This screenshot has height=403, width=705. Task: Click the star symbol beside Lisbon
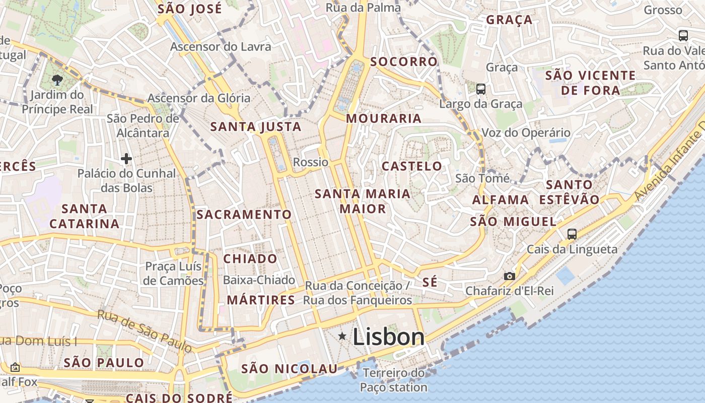(x=342, y=336)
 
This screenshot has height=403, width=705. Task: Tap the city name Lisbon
(x=388, y=337)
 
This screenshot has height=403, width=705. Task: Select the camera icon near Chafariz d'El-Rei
(x=510, y=276)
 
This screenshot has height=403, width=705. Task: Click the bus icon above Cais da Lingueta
(x=572, y=234)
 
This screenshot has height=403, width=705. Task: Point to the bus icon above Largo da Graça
(x=481, y=89)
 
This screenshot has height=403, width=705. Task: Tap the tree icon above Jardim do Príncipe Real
(x=57, y=79)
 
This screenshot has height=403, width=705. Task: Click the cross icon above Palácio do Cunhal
(x=126, y=159)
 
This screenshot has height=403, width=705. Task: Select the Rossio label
(x=310, y=162)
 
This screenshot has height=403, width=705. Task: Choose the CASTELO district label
(x=411, y=166)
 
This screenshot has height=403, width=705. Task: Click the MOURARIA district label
(x=384, y=119)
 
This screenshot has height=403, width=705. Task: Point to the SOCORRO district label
(x=404, y=62)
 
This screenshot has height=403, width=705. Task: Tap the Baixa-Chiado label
(x=259, y=280)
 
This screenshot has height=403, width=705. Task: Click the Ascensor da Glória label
(x=199, y=98)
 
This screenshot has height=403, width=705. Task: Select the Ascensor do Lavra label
(x=221, y=47)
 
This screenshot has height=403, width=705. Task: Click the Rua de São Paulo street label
(x=145, y=331)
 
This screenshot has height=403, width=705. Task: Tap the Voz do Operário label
(x=526, y=133)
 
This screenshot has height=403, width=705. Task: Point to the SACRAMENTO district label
(x=244, y=215)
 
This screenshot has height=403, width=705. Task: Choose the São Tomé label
(x=482, y=178)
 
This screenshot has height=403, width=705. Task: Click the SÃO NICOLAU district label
(x=289, y=369)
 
